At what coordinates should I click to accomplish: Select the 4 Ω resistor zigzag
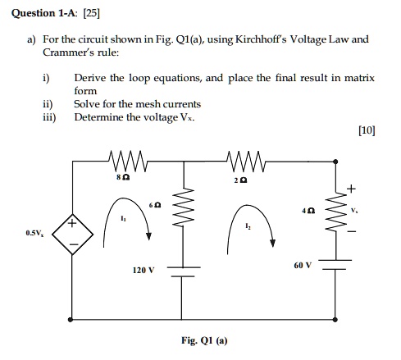point(335,217)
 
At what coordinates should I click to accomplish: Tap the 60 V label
point(303,266)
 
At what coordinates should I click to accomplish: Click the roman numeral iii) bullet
point(49,117)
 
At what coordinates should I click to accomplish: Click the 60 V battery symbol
point(335,263)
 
